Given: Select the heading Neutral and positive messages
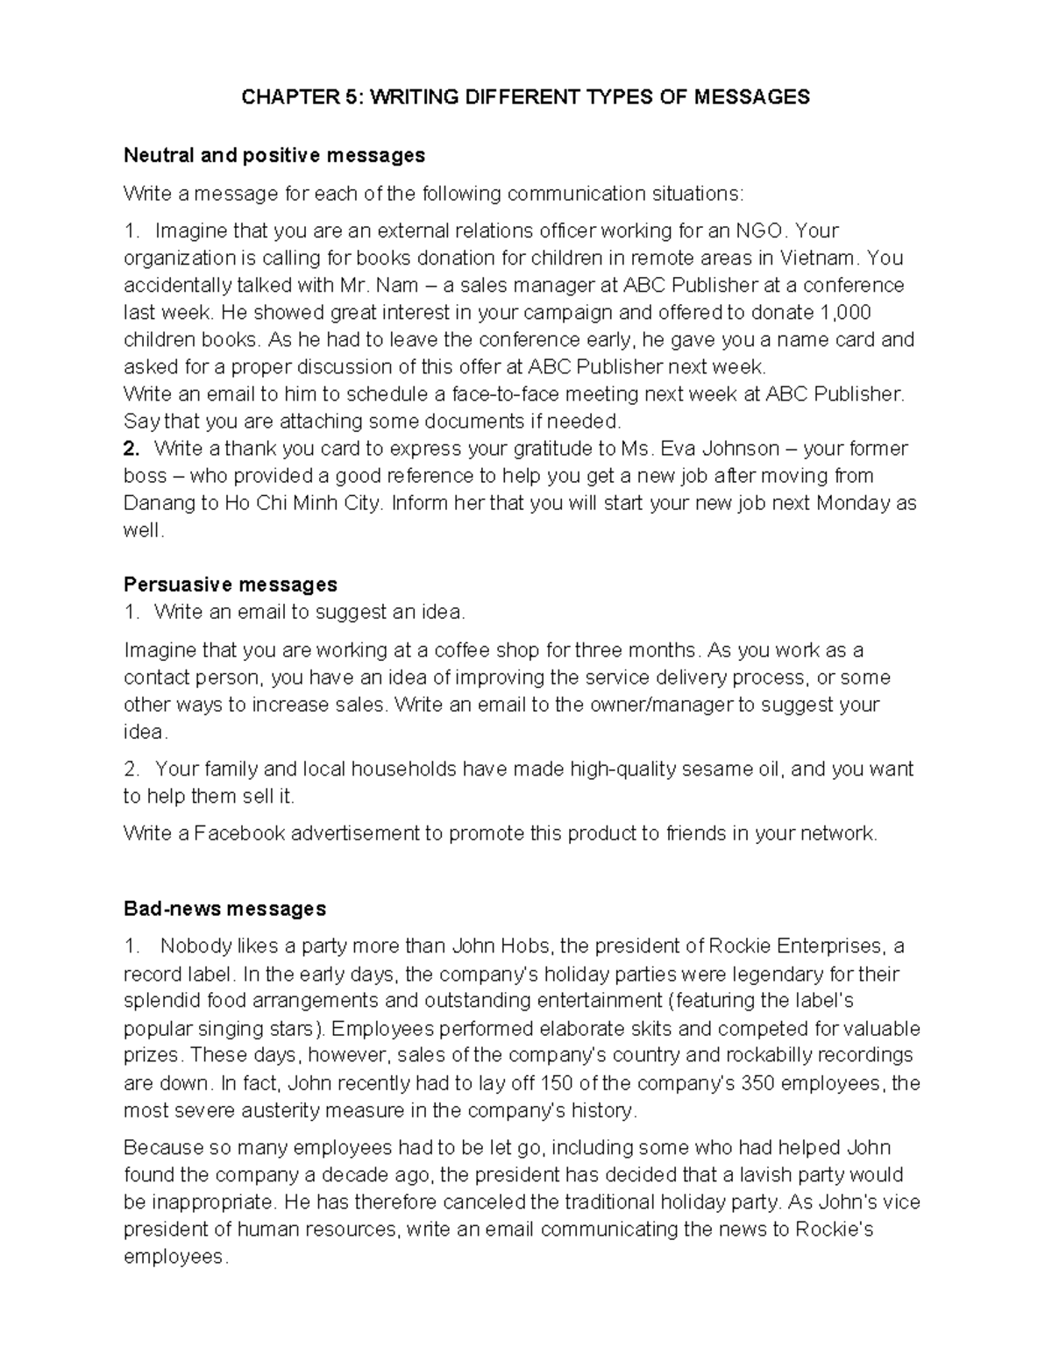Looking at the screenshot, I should [274, 156].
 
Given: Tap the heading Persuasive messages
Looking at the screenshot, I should [230, 585].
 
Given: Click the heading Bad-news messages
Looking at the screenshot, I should [224, 909].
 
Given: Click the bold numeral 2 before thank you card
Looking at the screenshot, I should [131, 449].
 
